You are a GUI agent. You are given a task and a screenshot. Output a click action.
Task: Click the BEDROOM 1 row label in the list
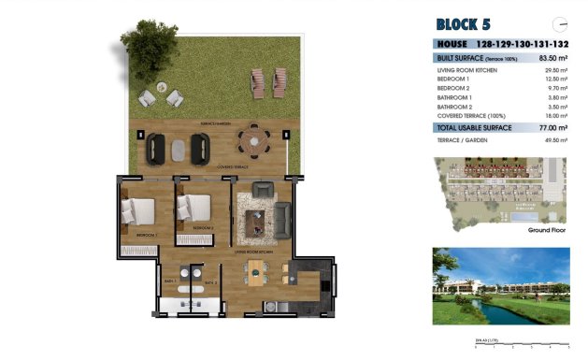tap(454, 79)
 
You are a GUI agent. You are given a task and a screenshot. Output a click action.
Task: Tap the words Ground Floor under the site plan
tap(547, 229)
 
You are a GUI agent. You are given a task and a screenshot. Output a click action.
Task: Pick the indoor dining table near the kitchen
tap(255, 272)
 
